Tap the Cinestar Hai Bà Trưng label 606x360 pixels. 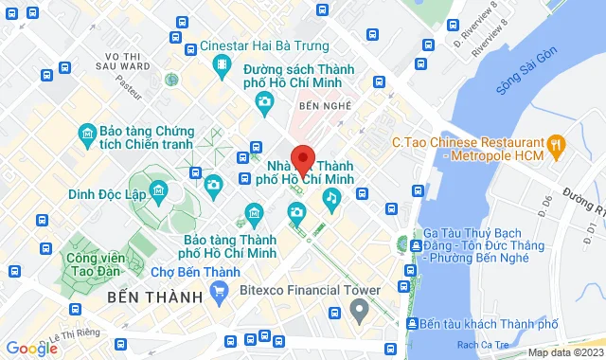click(x=264, y=45)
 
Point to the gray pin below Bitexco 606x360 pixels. click(x=359, y=310)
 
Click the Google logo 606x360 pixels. click(x=31, y=348)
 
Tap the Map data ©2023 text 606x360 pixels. click(x=564, y=352)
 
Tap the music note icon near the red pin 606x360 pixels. click(x=331, y=197)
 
